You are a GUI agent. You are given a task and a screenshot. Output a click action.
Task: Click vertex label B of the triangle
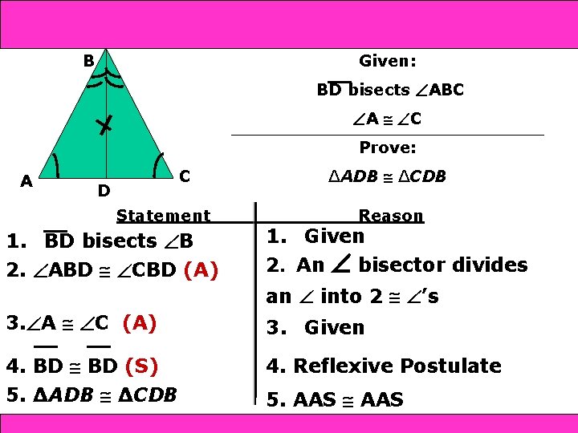[x=89, y=59]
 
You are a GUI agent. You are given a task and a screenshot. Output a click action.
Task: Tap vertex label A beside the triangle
[x=26, y=181]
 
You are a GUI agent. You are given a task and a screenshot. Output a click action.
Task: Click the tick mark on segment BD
[x=102, y=124]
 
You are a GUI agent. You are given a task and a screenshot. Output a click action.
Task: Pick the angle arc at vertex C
[x=157, y=164]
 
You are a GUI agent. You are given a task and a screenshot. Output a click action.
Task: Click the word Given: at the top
[x=387, y=61]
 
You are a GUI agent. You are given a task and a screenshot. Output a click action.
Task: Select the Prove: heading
[x=387, y=148]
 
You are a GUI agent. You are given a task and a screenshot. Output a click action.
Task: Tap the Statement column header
[x=163, y=215]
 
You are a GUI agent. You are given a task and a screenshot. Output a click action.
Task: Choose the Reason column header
[x=391, y=215]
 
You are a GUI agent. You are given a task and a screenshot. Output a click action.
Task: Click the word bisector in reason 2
[x=443, y=265]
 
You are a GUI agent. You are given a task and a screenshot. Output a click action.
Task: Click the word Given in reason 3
[x=334, y=327]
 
